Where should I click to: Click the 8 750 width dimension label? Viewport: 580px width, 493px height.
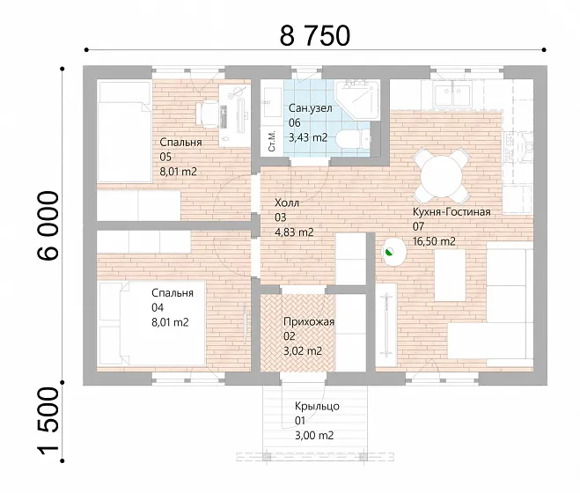314,35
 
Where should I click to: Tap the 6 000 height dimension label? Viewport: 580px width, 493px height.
48,225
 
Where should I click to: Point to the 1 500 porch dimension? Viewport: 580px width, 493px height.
48,421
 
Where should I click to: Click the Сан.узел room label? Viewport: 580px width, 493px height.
310,108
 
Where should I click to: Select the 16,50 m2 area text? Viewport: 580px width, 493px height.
434,241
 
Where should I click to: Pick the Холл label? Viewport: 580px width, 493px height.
287,202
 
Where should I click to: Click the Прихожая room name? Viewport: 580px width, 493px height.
309,321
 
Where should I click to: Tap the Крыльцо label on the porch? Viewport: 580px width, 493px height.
317,407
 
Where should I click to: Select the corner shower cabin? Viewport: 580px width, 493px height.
357,100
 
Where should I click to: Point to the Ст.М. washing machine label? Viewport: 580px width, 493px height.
272,141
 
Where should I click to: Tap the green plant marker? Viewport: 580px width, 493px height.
389,253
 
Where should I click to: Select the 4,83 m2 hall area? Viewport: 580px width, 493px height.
294,232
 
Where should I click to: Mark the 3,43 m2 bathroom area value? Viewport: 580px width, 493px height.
308,137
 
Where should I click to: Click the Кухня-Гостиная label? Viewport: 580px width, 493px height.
452,212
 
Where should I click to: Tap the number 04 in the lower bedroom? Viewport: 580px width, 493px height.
158,307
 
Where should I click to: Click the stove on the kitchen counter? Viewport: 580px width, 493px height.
518,147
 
